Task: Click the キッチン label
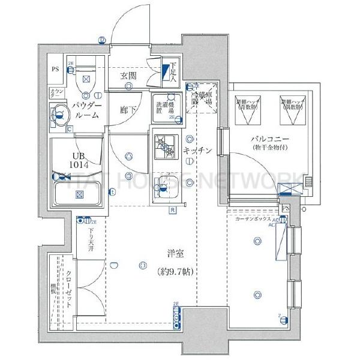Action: (x=197, y=151)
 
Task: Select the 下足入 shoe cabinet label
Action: (x=173, y=71)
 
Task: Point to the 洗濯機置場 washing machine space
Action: (x=164, y=107)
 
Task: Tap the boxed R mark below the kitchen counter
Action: (x=172, y=210)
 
